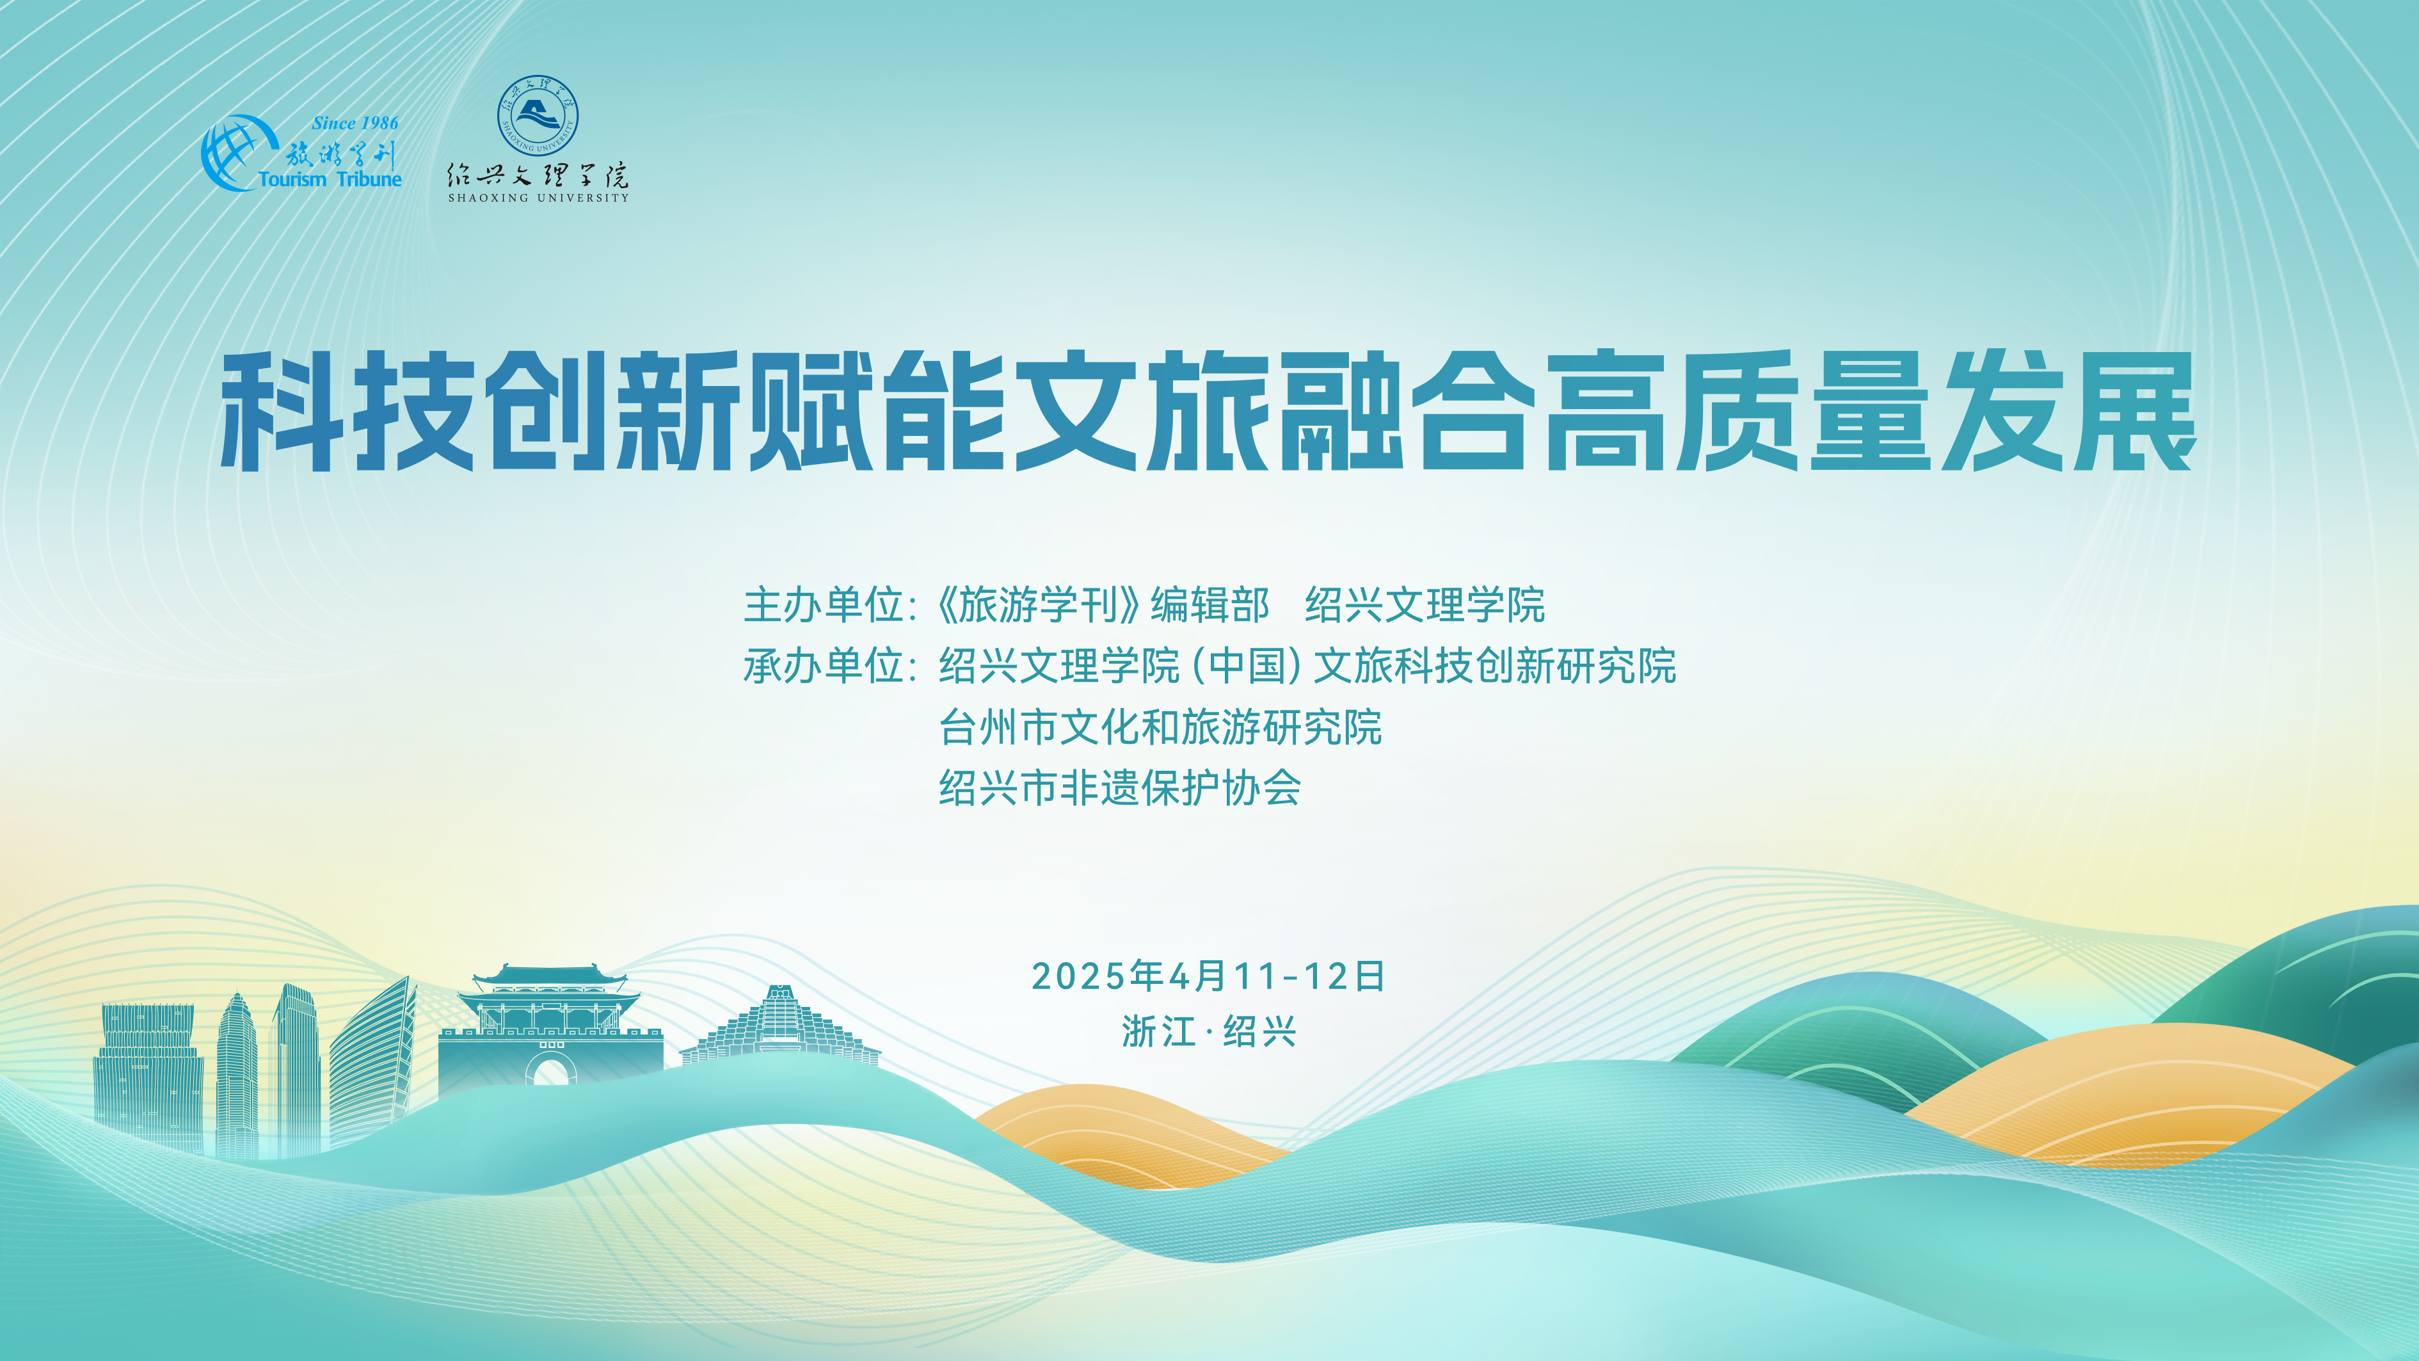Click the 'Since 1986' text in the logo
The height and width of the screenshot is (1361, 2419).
tap(355, 123)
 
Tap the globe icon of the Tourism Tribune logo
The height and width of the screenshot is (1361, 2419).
tap(231, 153)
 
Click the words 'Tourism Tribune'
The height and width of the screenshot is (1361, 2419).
tap(330, 179)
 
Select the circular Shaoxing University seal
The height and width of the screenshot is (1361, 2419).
tap(537, 115)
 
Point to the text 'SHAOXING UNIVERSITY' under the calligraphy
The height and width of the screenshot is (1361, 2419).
tap(538, 198)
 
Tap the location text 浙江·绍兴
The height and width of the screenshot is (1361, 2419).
tap(1209, 1031)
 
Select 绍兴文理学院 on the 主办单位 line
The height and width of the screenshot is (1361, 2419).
tap(1425, 605)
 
